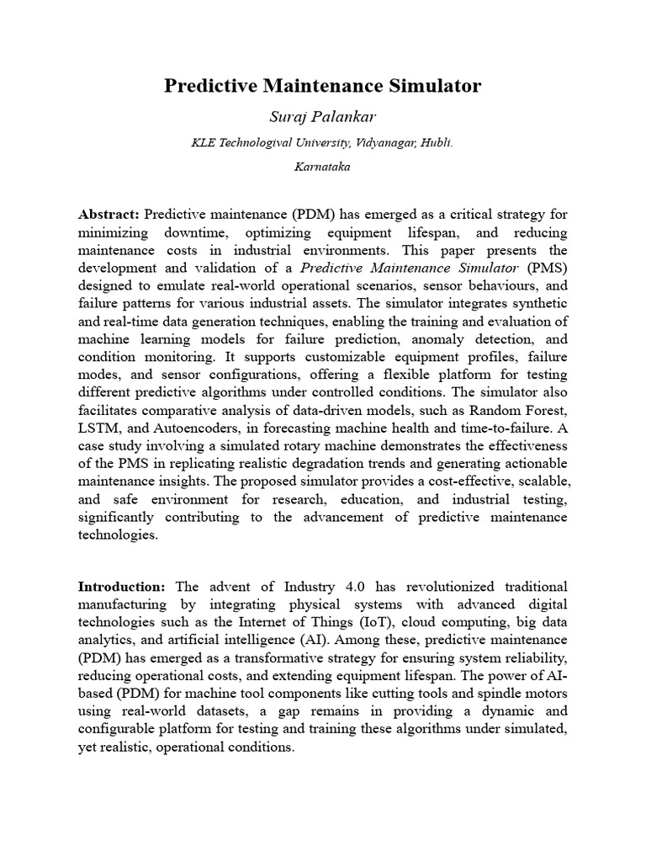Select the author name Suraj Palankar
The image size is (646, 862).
(323, 116)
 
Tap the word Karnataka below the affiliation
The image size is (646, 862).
(323, 167)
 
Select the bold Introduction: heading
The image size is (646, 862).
(121, 586)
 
